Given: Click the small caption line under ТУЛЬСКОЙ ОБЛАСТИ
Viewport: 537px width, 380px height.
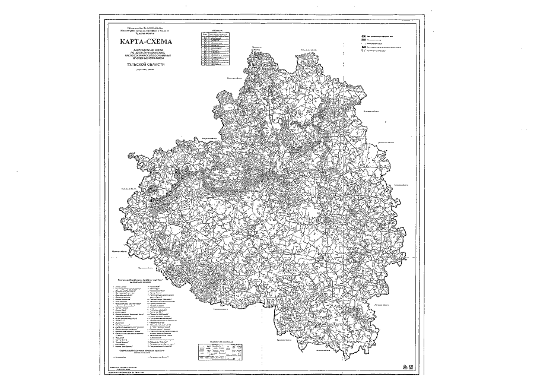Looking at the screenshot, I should [x=140, y=69].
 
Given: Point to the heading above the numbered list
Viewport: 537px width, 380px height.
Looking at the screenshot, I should [x=142, y=279].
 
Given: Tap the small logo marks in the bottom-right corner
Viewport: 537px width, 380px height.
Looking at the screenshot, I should [x=405, y=366].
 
